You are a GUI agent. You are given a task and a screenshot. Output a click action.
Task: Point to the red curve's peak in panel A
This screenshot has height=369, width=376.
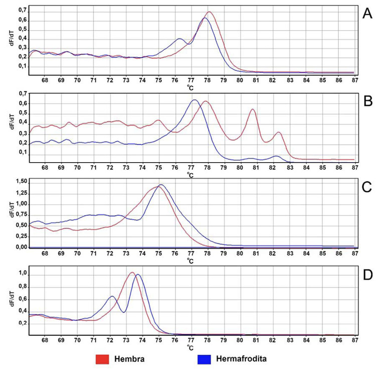[x=210, y=12]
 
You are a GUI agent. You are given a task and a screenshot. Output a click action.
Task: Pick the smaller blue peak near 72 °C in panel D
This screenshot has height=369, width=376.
[x=112, y=296]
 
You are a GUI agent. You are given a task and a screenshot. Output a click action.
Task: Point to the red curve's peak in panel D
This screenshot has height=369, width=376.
[x=132, y=273]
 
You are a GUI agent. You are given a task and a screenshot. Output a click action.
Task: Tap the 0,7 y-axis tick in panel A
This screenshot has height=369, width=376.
[x=21, y=11]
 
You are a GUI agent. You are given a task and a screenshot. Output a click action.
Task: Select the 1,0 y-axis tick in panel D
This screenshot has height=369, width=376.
[x=21, y=274]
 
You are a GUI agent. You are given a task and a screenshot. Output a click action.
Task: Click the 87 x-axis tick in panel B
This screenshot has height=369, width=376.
[x=354, y=168]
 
